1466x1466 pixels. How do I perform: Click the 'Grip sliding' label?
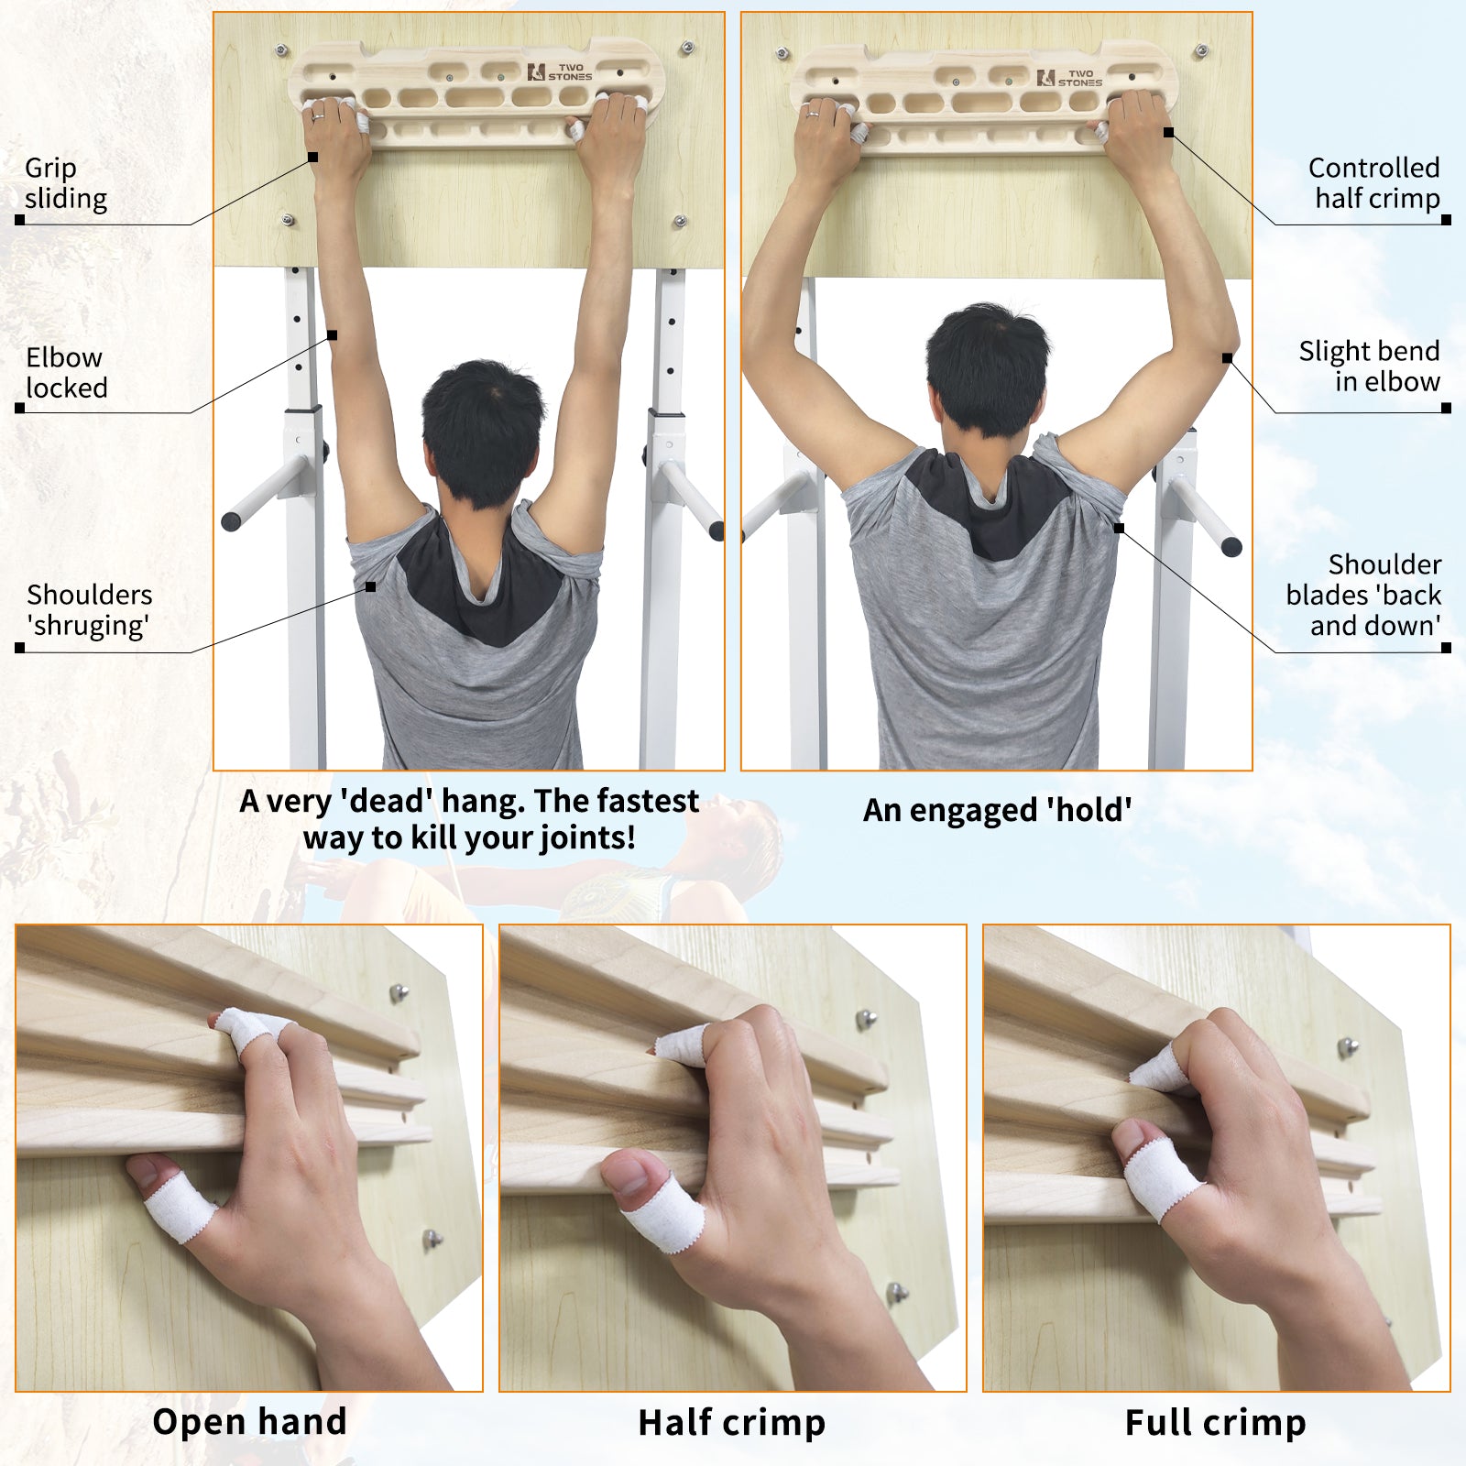point(66,183)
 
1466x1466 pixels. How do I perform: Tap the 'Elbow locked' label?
point(66,372)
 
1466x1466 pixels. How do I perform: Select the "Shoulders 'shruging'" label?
point(89,610)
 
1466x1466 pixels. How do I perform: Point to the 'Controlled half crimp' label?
point(1373,183)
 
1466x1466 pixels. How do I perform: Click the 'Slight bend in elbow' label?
point(1369,366)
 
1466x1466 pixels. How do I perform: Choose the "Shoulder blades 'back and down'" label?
point(1363,595)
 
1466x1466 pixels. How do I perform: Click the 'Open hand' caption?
point(249,1422)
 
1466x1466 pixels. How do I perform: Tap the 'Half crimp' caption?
point(731,1423)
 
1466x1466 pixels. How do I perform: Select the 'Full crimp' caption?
point(1215,1423)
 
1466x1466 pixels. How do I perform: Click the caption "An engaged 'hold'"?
point(997,810)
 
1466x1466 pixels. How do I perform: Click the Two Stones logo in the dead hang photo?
point(560,72)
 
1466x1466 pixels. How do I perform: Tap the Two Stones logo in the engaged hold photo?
point(1069,79)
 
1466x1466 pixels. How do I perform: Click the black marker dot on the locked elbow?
point(332,335)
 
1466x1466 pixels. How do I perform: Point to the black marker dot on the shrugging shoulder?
point(370,586)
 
